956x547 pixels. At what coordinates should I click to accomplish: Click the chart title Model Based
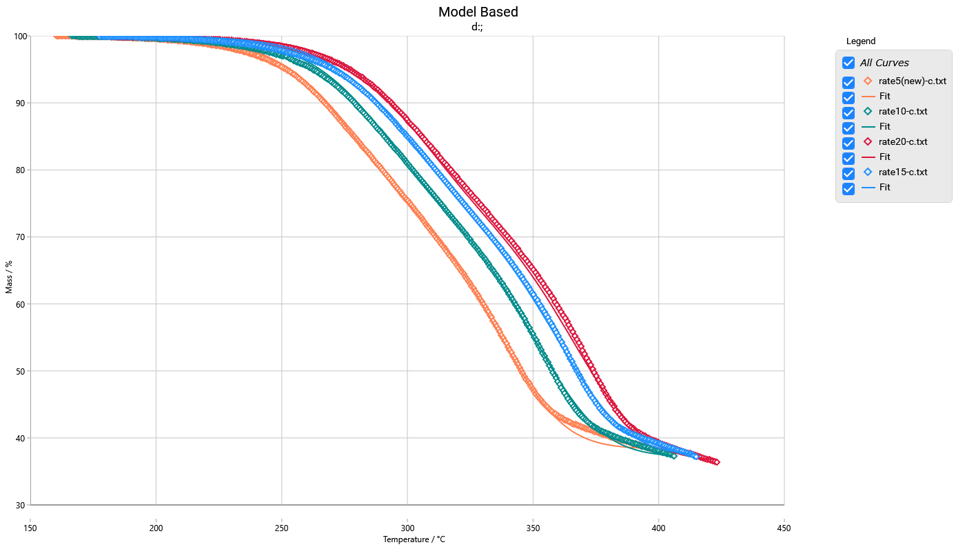pos(478,12)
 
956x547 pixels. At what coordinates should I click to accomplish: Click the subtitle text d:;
pos(478,27)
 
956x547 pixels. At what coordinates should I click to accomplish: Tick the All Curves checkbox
pos(848,63)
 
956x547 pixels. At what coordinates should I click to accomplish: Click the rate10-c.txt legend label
pos(903,111)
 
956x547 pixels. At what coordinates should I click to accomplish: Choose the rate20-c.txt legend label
pos(903,141)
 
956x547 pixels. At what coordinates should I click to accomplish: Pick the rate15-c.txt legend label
pos(903,172)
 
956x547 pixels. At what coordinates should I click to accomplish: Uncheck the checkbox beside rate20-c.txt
pos(848,143)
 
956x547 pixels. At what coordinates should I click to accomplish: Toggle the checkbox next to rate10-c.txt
pos(848,112)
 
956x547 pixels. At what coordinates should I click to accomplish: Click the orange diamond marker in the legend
pos(868,81)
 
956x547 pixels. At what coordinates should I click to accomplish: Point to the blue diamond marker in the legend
pos(868,172)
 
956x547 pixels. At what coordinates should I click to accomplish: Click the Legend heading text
pos(861,41)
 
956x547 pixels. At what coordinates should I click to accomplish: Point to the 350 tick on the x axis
pos(533,528)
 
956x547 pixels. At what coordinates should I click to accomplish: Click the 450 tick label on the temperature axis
pos(784,528)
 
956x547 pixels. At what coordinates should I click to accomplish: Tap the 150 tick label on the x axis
pos(30,528)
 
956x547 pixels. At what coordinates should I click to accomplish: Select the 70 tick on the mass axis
pos(20,237)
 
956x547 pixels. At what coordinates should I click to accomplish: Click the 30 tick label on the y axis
pos(20,505)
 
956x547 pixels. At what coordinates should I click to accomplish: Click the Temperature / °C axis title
pos(414,539)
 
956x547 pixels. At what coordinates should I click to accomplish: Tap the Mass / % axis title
pos(9,277)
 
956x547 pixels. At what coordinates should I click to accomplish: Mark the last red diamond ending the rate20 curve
pos(716,462)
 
